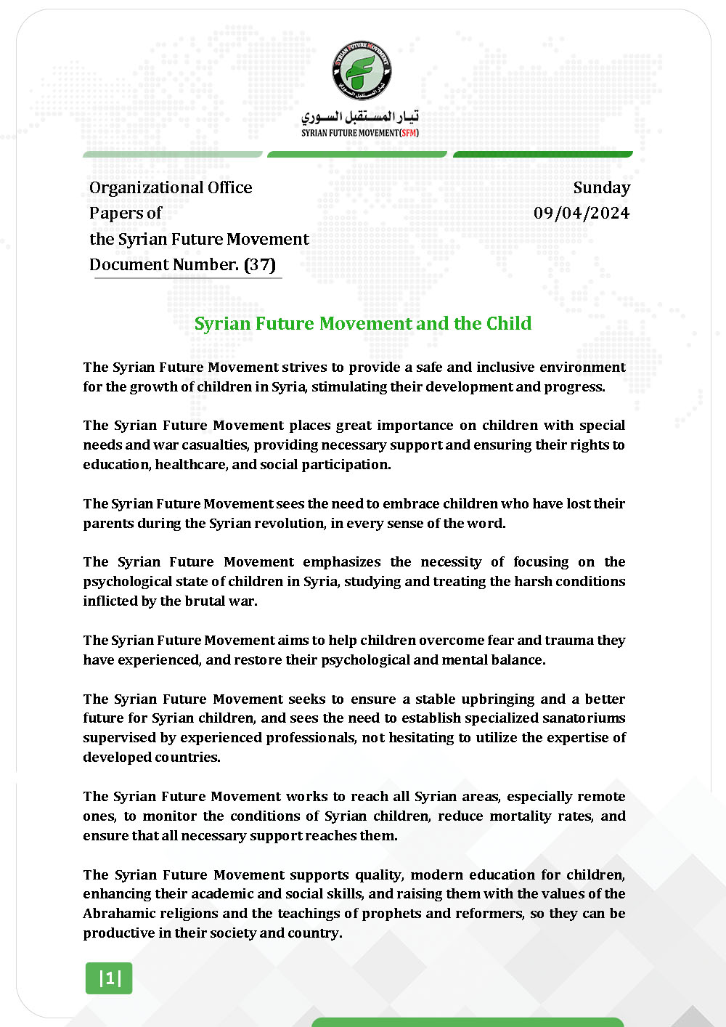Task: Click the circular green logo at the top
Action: point(362,70)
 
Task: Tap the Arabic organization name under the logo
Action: point(360,116)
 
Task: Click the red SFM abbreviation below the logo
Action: point(409,133)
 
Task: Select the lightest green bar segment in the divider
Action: point(173,154)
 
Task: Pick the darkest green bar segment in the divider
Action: point(543,154)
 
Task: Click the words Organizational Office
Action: point(171,187)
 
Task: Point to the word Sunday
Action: point(601,187)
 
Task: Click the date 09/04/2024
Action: point(582,213)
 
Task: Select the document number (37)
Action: point(260,264)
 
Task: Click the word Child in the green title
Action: point(508,323)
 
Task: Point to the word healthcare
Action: point(191,464)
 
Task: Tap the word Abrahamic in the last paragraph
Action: point(118,913)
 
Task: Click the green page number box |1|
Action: point(109,978)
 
